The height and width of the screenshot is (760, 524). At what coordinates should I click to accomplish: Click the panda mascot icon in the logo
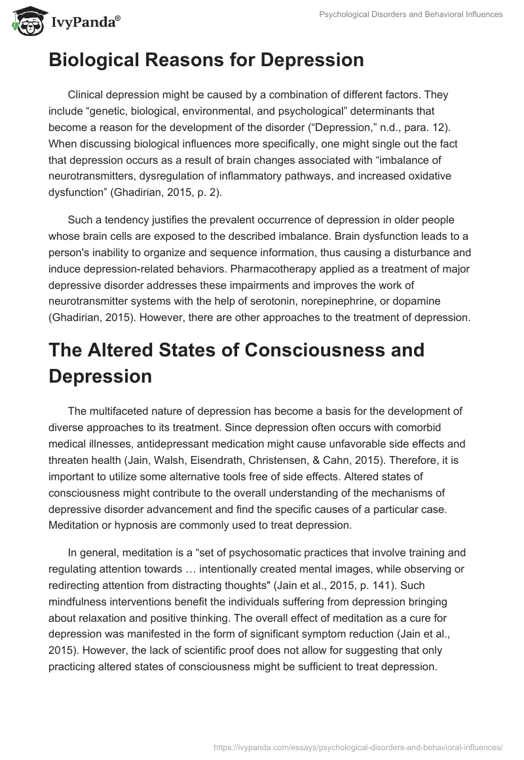24,22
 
